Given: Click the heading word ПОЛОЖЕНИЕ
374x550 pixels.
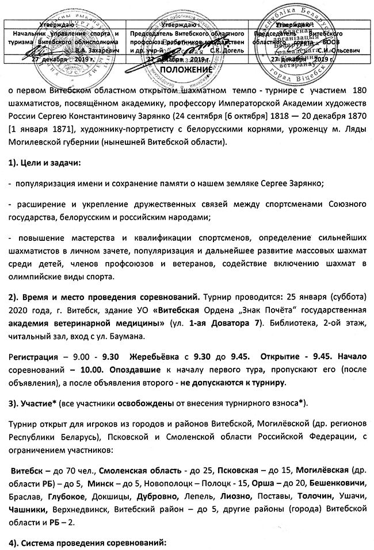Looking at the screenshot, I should [x=186, y=70].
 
